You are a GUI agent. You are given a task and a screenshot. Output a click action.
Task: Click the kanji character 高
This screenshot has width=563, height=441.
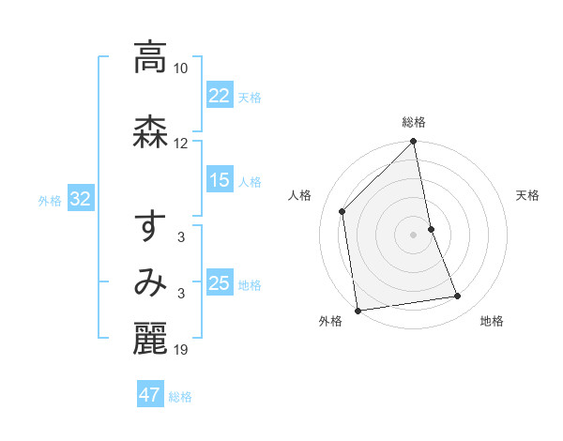pyautogui.click(x=150, y=58)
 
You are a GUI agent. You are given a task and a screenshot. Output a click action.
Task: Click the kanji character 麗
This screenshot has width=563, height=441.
pyautogui.click(x=150, y=340)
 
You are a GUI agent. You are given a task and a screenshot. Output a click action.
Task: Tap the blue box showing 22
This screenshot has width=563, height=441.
pyautogui.click(x=220, y=96)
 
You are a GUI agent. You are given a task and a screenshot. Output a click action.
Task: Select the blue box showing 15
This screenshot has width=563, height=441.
pyautogui.click(x=220, y=180)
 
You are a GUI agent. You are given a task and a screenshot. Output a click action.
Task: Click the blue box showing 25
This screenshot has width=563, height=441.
pyautogui.click(x=220, y=283)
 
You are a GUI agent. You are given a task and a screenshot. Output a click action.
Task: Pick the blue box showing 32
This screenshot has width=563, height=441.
pyautogui.click(x=80, y=199)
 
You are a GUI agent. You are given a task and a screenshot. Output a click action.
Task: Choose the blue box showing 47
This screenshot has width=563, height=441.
pyautogui.click(x=150, y=395)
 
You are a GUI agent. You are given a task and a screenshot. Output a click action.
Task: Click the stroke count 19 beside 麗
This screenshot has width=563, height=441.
pyautogui.click(x=181, y=350)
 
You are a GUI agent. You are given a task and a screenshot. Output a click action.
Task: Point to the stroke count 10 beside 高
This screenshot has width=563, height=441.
pyautogui.click(x=181, y=68)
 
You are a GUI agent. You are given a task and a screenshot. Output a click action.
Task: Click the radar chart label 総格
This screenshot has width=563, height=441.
pyautogui.click(x=414, y=122)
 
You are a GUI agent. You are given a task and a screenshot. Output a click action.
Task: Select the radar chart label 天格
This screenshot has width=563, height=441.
pyautogui.click(x=527, y=195)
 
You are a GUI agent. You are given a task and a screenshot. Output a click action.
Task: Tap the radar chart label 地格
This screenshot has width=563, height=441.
pyautogui.click(x=492, y=321)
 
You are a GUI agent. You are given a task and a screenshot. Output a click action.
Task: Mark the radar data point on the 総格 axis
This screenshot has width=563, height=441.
pyautogui.click(x=414, y=143)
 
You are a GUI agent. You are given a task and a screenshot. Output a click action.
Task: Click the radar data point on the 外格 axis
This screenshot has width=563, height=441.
pyautogui.click(x=357, y=310)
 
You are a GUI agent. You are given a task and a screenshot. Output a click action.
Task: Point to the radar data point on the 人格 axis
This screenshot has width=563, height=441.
pyautogui.click(x=342, y=211)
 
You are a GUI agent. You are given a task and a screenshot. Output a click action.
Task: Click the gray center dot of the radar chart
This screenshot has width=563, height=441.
pyautogui.click(x=414, y=234)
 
